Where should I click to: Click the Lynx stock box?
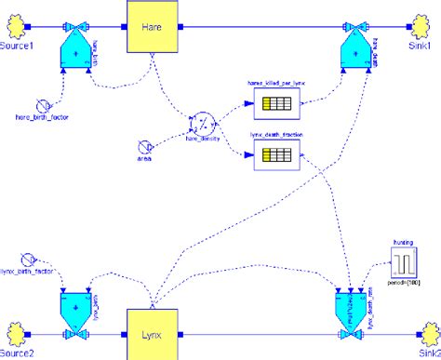click(152, 331)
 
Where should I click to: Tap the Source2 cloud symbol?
click(16, 331)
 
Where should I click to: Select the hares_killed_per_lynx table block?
click(276, 107)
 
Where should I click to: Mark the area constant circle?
click(144, 145)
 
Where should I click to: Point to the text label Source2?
click(20, 353)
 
